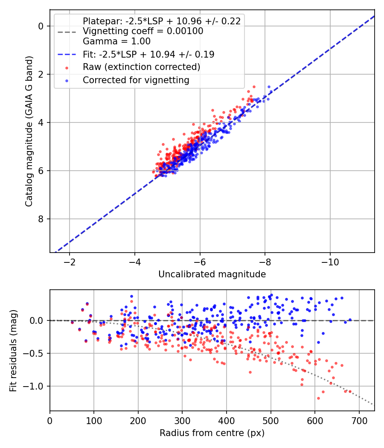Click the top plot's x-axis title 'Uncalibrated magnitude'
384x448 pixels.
212,274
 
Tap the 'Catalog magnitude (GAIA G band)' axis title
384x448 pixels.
29,131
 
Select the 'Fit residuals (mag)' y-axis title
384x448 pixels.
13,351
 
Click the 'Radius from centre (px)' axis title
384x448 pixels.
212,433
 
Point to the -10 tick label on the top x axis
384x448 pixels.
330,262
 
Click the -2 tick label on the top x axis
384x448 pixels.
70,262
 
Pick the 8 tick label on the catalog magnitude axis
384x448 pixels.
41,219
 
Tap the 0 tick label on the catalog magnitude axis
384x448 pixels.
41,26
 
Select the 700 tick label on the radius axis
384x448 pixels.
359,421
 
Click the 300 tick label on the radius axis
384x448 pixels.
182,421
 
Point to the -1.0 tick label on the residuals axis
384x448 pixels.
33,386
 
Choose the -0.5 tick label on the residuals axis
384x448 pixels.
33,353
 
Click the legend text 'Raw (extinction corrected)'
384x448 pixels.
141,67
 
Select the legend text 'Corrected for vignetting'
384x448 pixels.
136,80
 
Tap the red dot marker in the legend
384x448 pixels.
67,68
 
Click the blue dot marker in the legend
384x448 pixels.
67,81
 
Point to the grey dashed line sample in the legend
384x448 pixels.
67,32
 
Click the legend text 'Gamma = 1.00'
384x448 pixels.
116,41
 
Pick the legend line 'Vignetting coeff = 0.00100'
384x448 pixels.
143,31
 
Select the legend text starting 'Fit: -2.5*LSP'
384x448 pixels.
148,54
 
